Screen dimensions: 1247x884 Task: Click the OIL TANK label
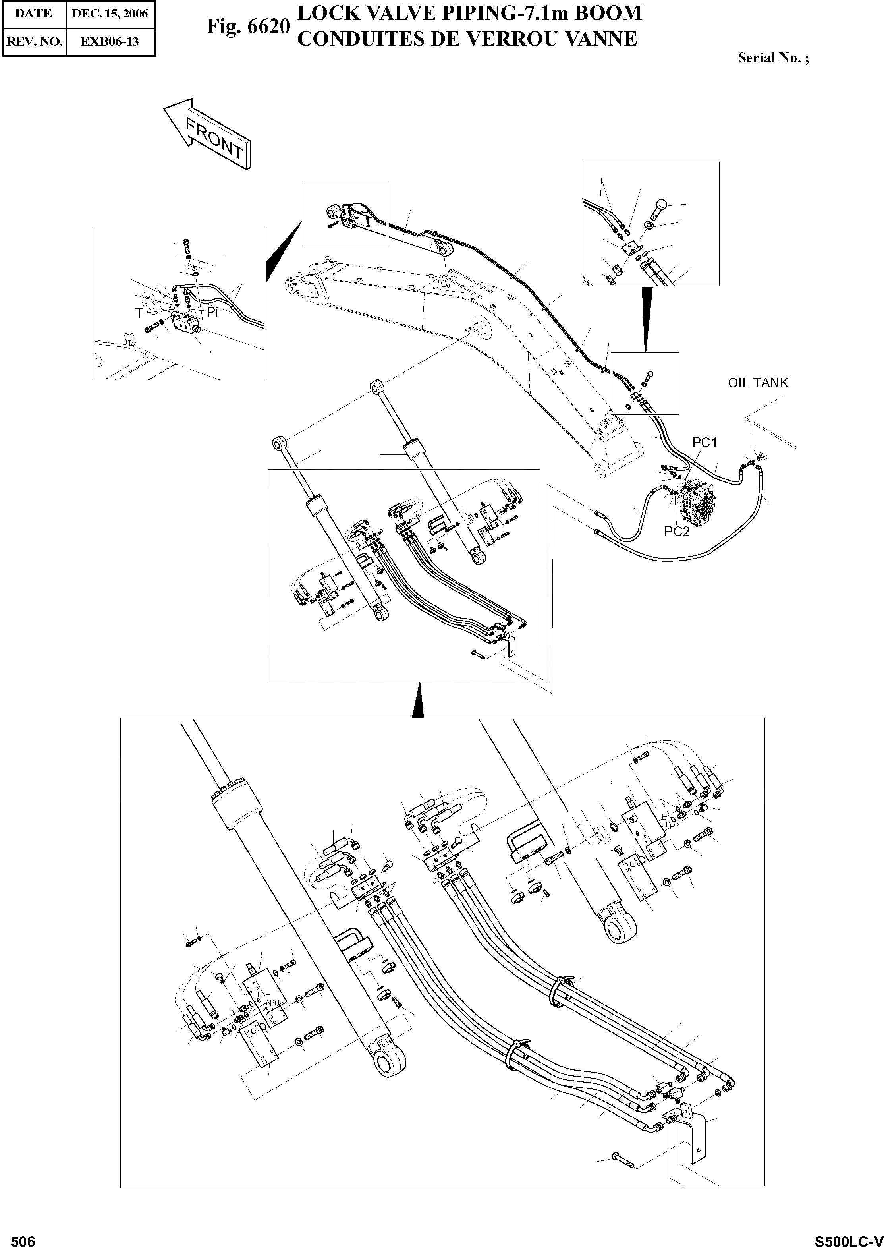pyautogui.click(x=758, y=383)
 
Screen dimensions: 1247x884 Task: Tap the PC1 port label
pyautogui.click(x=704, y=443)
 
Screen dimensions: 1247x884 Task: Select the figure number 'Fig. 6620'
pyautogui.click(x=248, y=26)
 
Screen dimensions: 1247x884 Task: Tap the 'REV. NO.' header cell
pyautogui.click(x=34, y=41)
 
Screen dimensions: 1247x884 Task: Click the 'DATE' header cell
pyautogui.click(x=34, y=14)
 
